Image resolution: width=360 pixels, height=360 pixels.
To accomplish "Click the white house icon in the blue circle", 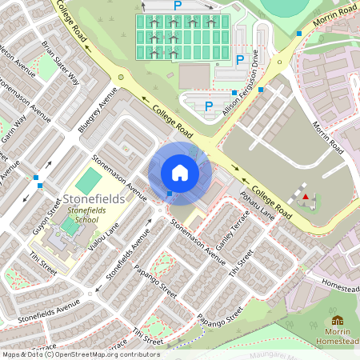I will point(180,172).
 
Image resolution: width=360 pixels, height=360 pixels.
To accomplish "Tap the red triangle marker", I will point(304,196).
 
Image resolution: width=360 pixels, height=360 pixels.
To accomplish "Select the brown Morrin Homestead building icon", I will point(338,320).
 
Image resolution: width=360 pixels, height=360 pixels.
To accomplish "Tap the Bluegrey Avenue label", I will point(98,109).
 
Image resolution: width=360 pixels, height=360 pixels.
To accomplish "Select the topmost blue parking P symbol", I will point(178,5).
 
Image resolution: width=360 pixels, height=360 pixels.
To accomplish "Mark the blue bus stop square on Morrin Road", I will point(299,34).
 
